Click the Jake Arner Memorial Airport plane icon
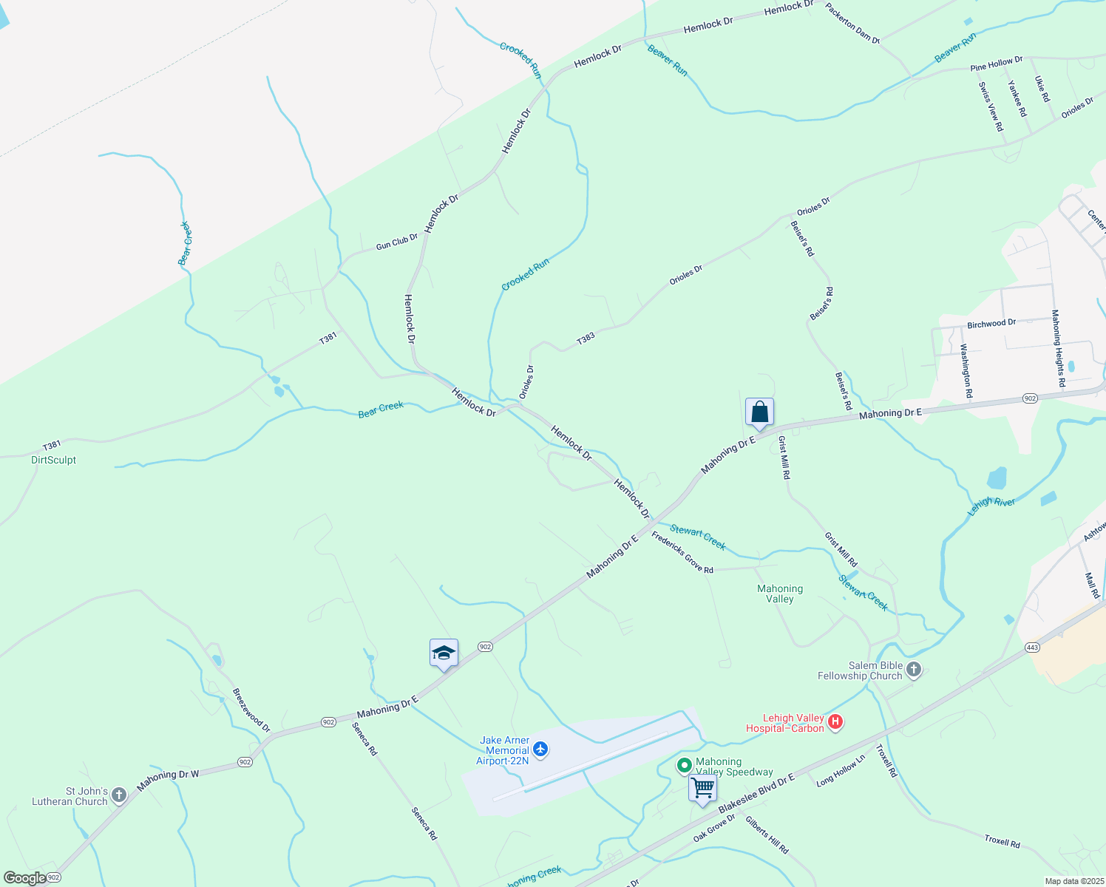[x=540, y=750]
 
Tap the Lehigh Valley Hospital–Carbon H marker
[x=835, y=722]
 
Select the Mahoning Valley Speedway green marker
[x=685, y=766]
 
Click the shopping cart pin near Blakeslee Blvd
[x=702, y=788]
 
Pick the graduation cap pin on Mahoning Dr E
[x=444, y=653]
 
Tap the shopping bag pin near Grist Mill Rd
[x=759, y=412]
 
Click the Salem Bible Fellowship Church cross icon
[x=914, y=670]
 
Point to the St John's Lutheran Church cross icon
[x=119, y=796]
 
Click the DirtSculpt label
[x=54, y=460]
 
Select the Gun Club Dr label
[x=397, y=242]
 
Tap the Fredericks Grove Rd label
[x=682, y=553]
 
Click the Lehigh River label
[x=992, y=506]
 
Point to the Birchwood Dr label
[x=991, y=324]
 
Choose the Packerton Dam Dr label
[x=852, y=24]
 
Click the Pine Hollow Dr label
[x=997, y=64]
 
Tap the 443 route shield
[x=1033, y=648]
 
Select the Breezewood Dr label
[x=251, y=710]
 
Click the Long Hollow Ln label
[x=841, y=771]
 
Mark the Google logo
[x=24, y=878]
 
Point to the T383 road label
[x=586, y=339]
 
